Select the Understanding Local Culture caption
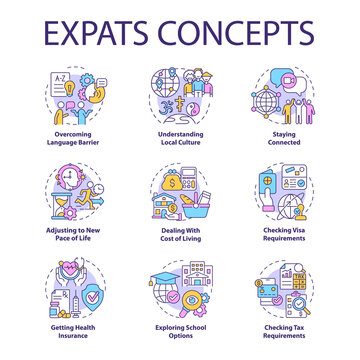(180, 136)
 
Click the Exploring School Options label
(180, 329)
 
